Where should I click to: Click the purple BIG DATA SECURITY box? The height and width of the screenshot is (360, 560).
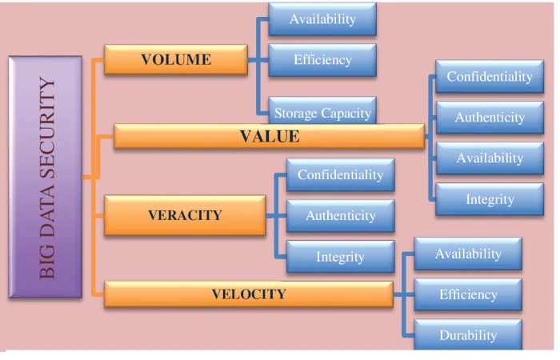tap(46, 177)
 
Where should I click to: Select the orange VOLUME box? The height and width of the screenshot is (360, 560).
tap(176, 60)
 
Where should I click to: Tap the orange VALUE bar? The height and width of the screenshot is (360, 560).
tap(270, 136)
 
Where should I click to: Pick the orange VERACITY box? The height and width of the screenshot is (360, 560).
tap(185, 215)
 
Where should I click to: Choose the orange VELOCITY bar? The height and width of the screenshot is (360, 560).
tap(249, 294)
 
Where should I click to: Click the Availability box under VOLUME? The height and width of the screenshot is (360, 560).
tap(322, 19)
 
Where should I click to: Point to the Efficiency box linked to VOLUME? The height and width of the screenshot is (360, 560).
tap(322, 60)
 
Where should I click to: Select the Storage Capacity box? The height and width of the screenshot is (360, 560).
tap(322, 110)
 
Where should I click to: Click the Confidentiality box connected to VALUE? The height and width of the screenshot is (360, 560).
tap(490, 77)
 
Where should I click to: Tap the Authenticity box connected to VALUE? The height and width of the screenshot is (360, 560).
tap(490, 118)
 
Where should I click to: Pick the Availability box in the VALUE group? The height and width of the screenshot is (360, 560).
tap(490, 158)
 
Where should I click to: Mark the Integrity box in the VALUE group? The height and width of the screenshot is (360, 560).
tap(490, 199)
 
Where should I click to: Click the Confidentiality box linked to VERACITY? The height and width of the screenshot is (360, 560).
tap(340, 175)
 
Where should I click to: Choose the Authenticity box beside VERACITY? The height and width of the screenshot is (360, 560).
tap(340, 216)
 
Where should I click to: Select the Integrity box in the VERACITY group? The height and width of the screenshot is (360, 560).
tap(340, 257)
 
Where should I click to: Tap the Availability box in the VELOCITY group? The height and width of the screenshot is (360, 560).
tap(468, 254)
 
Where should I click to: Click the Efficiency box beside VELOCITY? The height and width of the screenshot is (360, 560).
tap(468, 294)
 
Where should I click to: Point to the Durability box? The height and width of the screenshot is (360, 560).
tap(468, 334)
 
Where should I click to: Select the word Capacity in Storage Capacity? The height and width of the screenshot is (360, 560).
tap(346, 114)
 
